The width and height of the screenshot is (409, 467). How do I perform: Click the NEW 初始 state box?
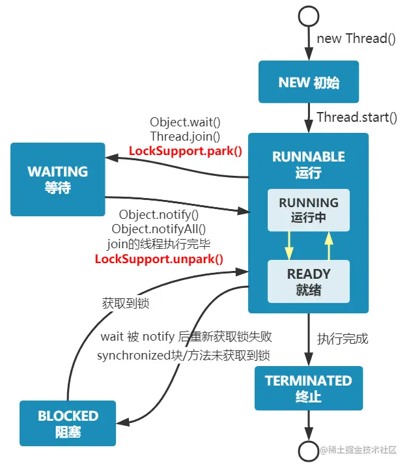[x=309, y=83]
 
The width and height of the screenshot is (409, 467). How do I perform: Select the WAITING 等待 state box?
[x=57, y=180]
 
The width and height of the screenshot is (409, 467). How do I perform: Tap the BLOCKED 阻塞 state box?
[x=68, y=423]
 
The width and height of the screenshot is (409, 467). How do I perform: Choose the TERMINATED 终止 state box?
[x=308, y=388]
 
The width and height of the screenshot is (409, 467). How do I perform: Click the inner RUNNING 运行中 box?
[x=309, y=210]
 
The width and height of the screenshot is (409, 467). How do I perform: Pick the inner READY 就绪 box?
[x=309, y=281]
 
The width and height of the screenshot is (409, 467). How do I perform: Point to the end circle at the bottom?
[x=308, y=451]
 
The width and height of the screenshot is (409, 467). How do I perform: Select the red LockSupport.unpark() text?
[x=159, y=259]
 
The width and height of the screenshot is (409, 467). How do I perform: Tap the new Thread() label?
[x=356, y=38]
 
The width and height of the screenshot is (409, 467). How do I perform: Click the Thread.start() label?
[x=356, y=117]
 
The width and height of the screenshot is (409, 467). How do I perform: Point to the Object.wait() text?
[x=185, y=122]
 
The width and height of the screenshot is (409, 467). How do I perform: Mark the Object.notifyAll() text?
[x=159, y=229]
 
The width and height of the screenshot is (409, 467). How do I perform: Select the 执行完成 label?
[x=343, y=339]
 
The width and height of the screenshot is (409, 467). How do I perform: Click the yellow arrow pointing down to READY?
[x=287, y=246]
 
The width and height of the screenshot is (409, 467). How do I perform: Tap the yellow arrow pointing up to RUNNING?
[x=330, y=246]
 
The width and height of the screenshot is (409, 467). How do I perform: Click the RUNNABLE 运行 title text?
[x=309, y=164]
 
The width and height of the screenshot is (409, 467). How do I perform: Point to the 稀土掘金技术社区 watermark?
[x=362, y=450]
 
